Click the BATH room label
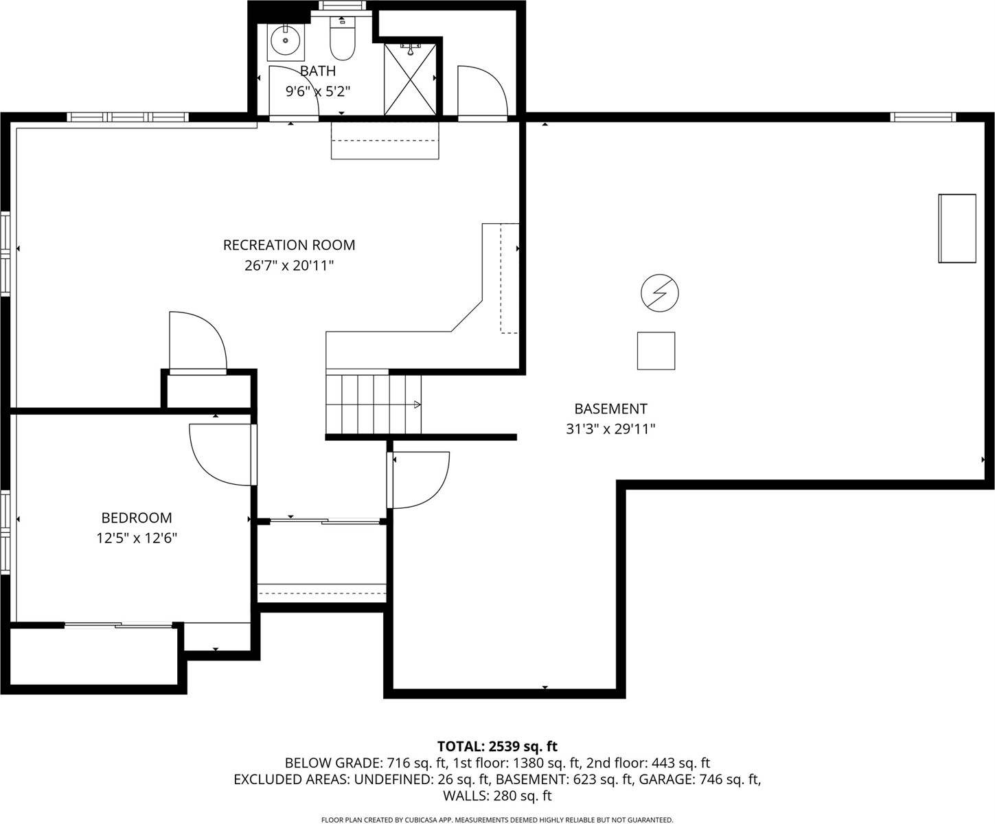(x=318, y=71)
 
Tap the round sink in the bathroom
(x=284, y=40)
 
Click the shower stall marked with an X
(x=409, y=79)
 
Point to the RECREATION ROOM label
(x=289, y=245)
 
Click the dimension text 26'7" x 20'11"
(x=289, y=265)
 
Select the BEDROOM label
(x=137, y=518)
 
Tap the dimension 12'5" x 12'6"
(x=137, y=538)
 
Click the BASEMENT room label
(x=610, y=409)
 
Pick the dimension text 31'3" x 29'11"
(x=610, y=429)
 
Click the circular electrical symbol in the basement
(x=659, y=293)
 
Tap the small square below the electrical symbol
(x=656, y=351)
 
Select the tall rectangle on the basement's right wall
(x=957, y=228)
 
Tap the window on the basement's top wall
(x=922, y=117)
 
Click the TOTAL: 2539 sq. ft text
(x=497, y=746)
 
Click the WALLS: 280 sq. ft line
(x=497, y=796)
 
